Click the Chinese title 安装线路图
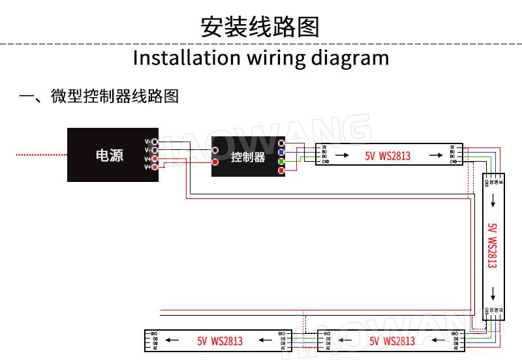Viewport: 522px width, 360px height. click(x=260, y=27)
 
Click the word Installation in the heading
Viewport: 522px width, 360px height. click(x=186, y=58)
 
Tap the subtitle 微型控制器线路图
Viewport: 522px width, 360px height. click(x=115, y=97)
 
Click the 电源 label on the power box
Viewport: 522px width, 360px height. click(x=109, y=155)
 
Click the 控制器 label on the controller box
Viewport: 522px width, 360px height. click(x=248, y=157)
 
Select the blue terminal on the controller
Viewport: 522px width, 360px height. click(x=281, y=152)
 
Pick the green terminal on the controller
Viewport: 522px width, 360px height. click(x=281, y=161)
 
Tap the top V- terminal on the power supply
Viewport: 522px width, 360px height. click(x=155, y=142)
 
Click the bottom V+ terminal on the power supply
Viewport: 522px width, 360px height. click(x=155, y=167)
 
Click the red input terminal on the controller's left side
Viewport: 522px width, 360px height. click(x=215, y=162)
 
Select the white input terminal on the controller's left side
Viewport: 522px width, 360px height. click(x=215, y=150)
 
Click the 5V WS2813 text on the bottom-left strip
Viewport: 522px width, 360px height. click(x=220, y=341)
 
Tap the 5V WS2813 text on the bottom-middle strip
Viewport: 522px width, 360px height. click(x=392, y=341)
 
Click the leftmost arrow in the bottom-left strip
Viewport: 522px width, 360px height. click(x=172, y=340)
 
